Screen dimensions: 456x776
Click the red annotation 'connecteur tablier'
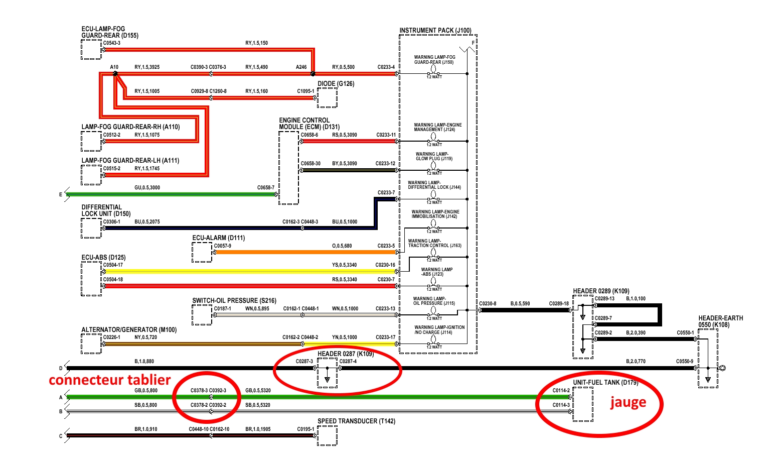[109, 380]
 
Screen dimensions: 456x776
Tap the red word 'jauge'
[628, 402]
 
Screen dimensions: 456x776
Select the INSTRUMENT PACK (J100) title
[435, 31]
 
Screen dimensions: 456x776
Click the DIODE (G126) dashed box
[327, 98]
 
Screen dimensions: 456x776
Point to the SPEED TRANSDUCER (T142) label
[356, 421]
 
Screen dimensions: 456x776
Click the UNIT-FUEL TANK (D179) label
[605, 383]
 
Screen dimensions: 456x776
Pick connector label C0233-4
[386, 67]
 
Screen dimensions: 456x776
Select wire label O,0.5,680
[342, 246]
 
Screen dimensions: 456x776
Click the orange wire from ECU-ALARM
[301, 252]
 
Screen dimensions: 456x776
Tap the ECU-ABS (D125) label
[103, 258]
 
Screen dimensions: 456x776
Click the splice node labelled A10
[115, 74]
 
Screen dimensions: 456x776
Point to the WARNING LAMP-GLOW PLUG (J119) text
[434, 156]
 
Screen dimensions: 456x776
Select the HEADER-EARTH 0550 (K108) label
[720, 321]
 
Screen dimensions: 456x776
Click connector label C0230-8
[488, 303]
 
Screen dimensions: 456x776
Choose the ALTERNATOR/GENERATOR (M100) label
[129, 330]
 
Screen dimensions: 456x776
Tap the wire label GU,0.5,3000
[147, 188]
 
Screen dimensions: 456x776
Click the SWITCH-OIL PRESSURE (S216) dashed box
[202, 315]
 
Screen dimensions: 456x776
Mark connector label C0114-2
[561, 390]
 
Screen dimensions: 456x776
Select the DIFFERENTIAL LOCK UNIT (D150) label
[106, 210]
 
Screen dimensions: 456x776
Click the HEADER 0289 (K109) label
[601, 291]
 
